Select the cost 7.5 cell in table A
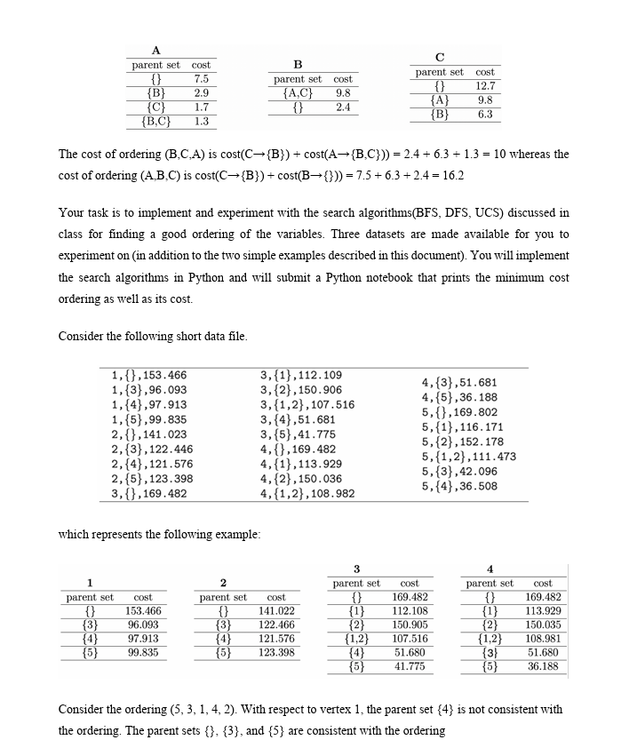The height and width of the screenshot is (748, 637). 201,78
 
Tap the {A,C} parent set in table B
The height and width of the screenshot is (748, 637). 298,92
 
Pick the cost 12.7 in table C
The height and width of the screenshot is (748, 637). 485,86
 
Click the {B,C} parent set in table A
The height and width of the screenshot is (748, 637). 156,121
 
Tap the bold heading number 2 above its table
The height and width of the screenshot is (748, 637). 223,582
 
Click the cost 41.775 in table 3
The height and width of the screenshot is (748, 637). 410,665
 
